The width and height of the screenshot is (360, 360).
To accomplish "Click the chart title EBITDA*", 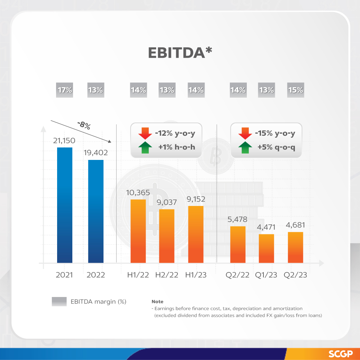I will click(180, 53).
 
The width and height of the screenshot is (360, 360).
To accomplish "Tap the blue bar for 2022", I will click(96, 211).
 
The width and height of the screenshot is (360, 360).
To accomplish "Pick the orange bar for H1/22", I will click(138, 231).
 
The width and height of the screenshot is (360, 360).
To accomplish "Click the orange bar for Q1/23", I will click(267, 248).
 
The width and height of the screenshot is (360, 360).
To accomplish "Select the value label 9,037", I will click(167, 202).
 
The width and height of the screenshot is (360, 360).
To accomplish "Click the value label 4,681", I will click(295, 225).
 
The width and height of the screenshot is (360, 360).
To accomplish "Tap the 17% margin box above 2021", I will click(65, 90).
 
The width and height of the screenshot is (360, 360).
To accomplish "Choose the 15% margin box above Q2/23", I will click(296, 90).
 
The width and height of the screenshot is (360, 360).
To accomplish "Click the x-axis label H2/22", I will click(167, 275).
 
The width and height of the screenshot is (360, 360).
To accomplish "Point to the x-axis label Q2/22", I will click(237, 275).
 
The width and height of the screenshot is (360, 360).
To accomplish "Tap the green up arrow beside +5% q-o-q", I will click(245, 147).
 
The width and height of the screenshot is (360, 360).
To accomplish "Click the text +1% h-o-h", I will click(177, 147).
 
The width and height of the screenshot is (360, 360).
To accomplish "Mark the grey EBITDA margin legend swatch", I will click(59, 301).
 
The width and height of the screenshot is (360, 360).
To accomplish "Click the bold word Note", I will click(157, 302).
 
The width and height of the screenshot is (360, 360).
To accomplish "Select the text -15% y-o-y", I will click(276, 133).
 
